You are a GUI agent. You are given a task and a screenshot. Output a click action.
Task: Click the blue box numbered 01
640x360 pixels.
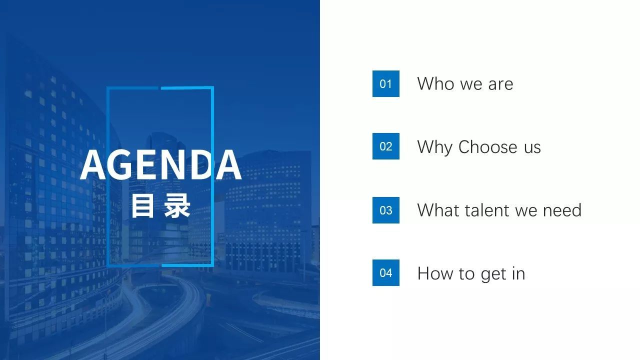click(385, 83)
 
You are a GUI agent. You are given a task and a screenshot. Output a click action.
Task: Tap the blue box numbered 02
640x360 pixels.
click(385, 146)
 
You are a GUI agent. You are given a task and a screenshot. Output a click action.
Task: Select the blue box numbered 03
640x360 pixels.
click(385, 210)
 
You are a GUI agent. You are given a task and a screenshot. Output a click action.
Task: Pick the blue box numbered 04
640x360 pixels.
click(385, 273)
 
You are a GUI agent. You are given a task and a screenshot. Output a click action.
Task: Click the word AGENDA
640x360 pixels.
click(160, 165)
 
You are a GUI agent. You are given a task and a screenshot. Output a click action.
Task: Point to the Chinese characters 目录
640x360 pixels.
click(160, 205)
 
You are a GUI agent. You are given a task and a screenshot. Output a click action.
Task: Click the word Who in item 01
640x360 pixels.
click(435, 83)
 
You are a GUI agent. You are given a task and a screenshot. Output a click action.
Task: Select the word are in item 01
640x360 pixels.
click(500, 84)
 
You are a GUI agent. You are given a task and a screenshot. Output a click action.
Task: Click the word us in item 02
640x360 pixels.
click(532, 147)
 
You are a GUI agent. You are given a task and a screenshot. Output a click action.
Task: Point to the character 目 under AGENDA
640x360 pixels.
click(142, 205)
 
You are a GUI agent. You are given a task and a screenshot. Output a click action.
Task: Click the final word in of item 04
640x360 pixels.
click(518, 273)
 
